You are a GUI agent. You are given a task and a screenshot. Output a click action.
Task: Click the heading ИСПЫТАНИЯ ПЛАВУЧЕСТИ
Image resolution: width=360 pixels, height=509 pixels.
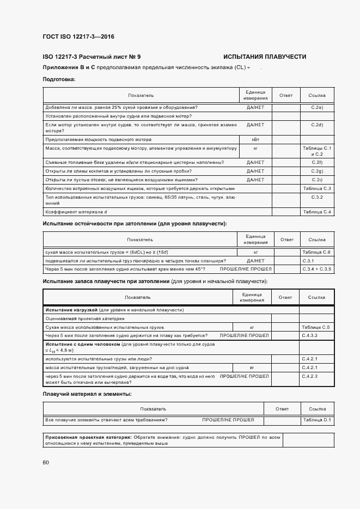tap(265, 57)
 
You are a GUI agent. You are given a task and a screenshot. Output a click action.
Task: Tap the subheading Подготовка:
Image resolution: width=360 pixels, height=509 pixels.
tap(59, 79)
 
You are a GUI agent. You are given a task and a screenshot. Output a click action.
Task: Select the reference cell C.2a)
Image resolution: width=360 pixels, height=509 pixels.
tap(317, 107)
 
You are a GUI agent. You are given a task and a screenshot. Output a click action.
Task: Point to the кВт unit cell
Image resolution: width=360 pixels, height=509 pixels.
tap(255, 139)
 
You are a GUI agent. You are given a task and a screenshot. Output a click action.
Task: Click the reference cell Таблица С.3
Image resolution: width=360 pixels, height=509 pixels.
tap(317, 188)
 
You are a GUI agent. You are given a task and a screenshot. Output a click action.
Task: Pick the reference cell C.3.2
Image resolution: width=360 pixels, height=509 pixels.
tap(317, 197)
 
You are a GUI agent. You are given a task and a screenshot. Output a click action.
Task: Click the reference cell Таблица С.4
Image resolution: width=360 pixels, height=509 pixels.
tap(317, 211)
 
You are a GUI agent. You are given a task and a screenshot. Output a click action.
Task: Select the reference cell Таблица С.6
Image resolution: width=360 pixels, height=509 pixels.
tap(317, 253)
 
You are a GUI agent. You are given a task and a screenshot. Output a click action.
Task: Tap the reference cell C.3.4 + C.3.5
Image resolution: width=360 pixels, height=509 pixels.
tap(317, 269)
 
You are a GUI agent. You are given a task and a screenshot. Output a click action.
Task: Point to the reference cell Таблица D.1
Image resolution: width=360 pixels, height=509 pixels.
tap(318, 420)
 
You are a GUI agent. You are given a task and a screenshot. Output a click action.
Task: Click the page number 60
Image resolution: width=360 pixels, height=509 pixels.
tap(46, 462)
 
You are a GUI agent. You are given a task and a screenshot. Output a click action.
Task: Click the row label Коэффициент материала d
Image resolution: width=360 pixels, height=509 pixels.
tap(76, 211)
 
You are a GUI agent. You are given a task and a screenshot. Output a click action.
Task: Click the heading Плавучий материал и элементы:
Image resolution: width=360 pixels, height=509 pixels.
tap(87, 394)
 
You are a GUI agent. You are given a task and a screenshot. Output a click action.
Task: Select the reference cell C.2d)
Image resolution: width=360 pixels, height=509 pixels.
tap(317, 125)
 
